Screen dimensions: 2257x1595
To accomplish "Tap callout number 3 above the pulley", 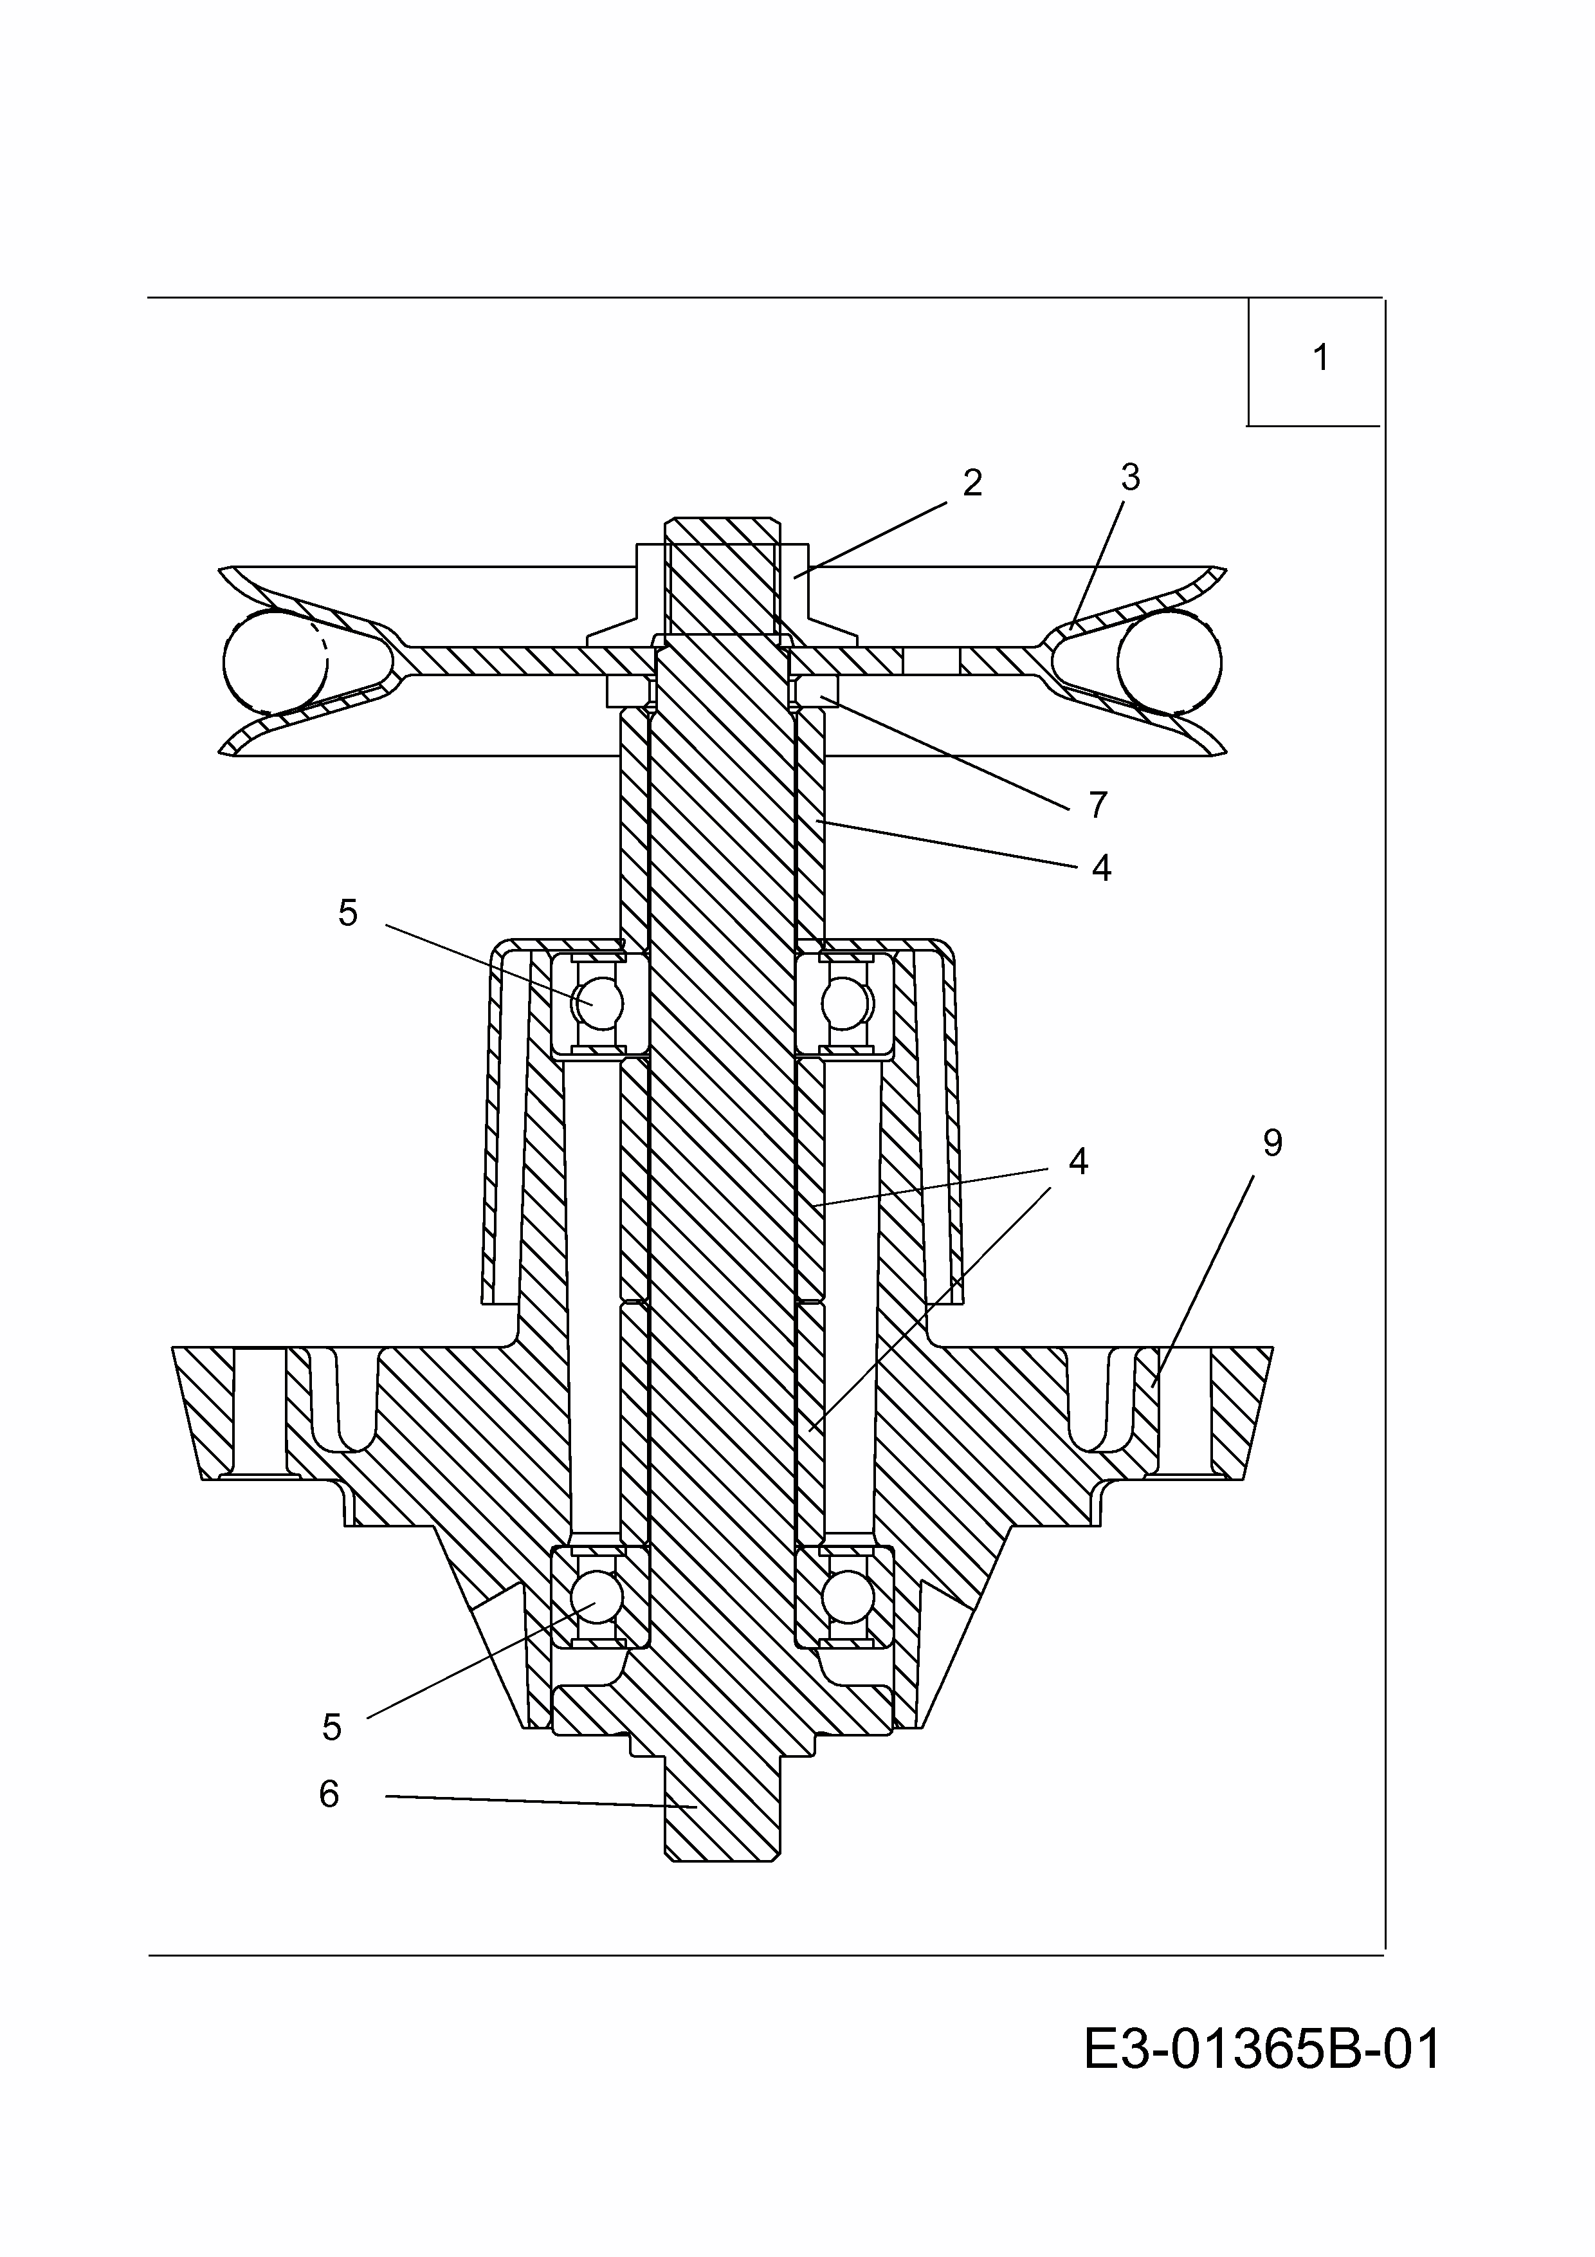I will pyautogui.click(x=1130, y=478).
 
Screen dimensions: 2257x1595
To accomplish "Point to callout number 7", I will pyautogui.click(x=1098, y=805).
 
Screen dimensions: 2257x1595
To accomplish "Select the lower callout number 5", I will pyautogui.click(x=332, y=1727).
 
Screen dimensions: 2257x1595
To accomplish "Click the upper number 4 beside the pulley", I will pyautogui.click(x=1100, y=868).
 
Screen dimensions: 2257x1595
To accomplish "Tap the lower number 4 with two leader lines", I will pyautogui.click(x=1078, y=1162).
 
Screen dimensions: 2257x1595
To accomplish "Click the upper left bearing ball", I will pyautogui.click(x=599, y=1004).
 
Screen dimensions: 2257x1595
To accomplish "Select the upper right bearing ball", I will pyautogui.click(x=846, y=1004).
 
